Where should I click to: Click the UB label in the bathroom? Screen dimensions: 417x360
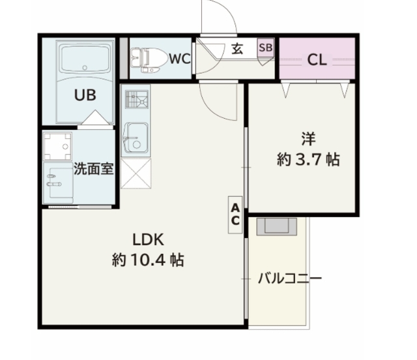tap(85, 95)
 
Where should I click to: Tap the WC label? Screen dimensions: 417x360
tap(180, 59)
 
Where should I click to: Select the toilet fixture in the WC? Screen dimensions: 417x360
tap(149, 60)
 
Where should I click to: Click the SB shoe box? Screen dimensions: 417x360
tap(265, 48)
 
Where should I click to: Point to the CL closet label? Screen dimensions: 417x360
tap(317, 60)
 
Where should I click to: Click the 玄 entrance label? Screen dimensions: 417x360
tap(237, 49)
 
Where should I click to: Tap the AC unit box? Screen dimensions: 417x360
tap(235, 215)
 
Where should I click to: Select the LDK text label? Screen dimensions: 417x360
tap(148, 239)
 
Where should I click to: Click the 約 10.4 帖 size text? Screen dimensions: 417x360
tap(148, 260)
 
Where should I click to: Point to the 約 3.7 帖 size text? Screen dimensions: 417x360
tap(308, 160)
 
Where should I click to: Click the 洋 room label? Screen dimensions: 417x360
tap(308, 139)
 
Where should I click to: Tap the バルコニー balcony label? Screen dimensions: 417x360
tap(290, 278)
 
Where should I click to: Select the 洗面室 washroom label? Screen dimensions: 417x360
tap(94, 168)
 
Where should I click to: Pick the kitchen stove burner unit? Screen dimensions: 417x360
tap(137, 100)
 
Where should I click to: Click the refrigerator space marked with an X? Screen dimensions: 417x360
tap(136, 173)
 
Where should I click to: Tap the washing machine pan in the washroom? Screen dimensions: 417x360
tap(58, 146)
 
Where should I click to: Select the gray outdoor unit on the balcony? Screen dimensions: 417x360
tap(276, 226)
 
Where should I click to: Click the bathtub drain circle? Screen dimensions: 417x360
tap(85, 68)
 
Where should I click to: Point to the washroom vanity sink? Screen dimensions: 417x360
tap(58, 183)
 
